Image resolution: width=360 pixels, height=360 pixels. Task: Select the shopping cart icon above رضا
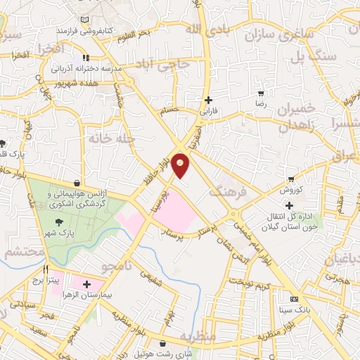(261, 93)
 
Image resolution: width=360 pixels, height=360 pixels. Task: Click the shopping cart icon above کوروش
(290, 179)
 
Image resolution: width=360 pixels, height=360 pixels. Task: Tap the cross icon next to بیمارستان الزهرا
(86, 285)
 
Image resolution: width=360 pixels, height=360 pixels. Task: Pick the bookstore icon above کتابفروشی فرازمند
(86, 19)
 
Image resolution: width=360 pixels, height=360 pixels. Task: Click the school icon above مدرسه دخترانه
(86, 58)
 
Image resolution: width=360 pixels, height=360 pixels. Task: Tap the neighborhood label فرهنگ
(229, 191)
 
